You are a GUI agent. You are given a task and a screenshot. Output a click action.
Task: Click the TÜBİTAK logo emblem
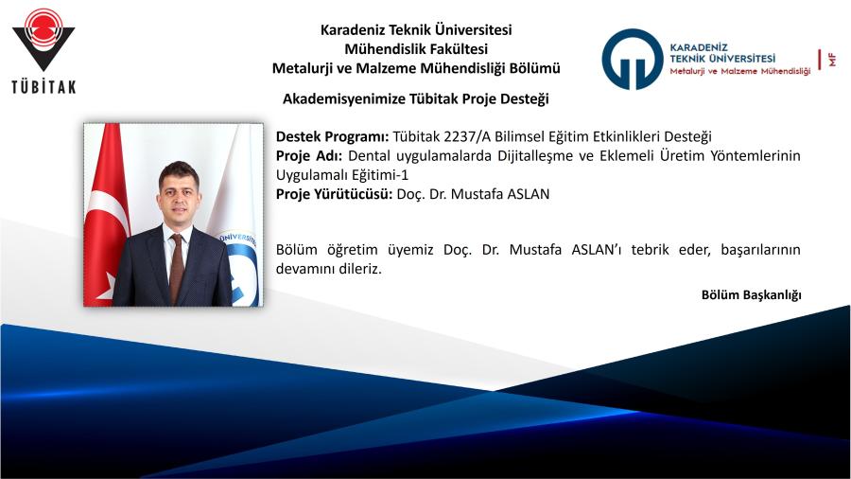[43, 39]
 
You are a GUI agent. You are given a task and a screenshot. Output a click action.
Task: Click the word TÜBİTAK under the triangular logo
[43, 87]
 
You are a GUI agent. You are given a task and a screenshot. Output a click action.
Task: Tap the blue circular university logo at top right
[633, 60]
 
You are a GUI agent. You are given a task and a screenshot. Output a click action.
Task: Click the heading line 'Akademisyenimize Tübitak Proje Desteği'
[416, 98]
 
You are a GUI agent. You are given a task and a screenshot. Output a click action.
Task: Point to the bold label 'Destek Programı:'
[332, 137]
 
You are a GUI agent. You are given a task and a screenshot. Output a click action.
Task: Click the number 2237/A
[467, 137]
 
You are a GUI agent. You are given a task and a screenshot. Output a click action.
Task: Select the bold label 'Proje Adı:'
[309, 156]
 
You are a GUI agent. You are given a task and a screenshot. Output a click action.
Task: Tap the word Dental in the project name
[369, 156]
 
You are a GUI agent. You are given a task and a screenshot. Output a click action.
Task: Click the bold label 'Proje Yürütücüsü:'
[334, 194]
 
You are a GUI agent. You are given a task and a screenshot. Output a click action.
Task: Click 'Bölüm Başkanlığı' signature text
[751, 295]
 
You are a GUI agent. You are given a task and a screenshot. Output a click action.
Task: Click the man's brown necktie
[177, 267]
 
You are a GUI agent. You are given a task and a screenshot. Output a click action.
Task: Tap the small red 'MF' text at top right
[832, 60]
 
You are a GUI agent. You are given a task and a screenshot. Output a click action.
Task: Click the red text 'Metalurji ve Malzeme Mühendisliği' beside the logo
[739, 71]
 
